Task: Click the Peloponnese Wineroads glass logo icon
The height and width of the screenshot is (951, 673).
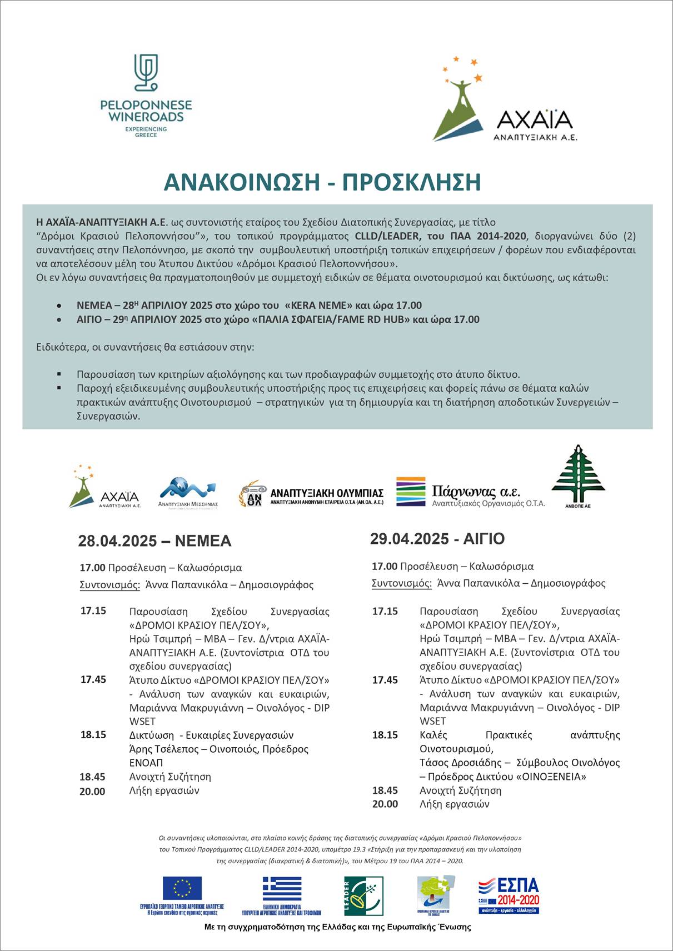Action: tap(146, 72)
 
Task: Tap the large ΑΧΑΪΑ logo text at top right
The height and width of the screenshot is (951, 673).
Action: tap(535, 119)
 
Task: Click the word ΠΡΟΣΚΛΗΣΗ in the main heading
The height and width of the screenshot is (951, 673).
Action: tap(411, 183)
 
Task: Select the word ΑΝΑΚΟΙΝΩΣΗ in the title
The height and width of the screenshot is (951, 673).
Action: tap(240, 183)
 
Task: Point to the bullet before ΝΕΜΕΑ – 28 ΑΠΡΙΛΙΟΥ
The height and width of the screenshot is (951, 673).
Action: tap(59, 306)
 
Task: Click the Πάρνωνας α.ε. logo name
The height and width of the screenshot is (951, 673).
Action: tap(476, 492)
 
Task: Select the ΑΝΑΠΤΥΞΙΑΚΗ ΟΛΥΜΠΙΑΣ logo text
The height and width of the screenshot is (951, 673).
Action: tap(327, 493)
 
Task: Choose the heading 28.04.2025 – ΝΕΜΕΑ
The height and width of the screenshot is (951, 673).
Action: tap(154, 541)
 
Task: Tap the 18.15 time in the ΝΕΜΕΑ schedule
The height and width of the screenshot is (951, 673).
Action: tap(93, 735)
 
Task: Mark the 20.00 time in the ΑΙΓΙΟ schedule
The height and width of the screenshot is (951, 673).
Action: tap(385, 804)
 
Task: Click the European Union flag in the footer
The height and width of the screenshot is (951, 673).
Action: tap(182, 888)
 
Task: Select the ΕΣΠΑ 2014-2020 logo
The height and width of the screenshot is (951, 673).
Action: tap(509, 895)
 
